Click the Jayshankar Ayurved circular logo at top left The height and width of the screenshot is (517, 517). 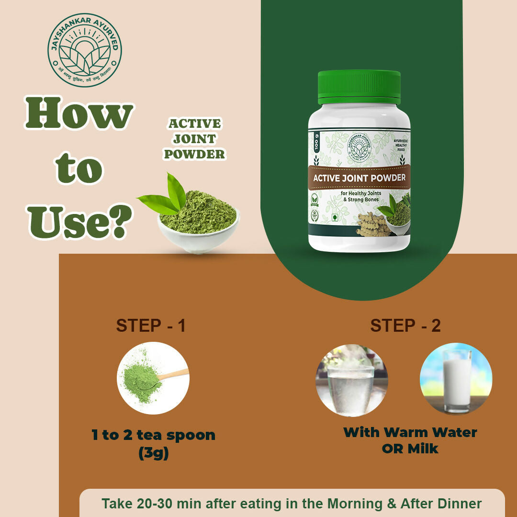pyautogui.click(x=85, y=50)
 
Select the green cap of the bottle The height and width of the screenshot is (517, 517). pyautogui.click(x=359, y=87)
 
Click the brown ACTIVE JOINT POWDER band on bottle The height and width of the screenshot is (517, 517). pyautogui.click(x=359, y=178)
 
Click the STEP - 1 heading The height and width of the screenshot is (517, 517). pyautogui.click(x=151, y=326)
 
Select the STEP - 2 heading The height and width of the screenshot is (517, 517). pyautogui.click(x=405, y=326)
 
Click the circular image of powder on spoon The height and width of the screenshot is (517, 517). pyautogui.click(x=153, y=378)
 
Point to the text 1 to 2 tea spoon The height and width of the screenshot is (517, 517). pyautogui.click(x=153, y=435)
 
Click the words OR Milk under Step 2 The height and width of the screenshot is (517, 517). pyautogui.click(x=410, y=449)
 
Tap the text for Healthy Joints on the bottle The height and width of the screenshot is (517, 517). pyautogui.click(x=359, y=193)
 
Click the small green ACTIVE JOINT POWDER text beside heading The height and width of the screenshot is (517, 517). pyautogui.click(x=195, y=139)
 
